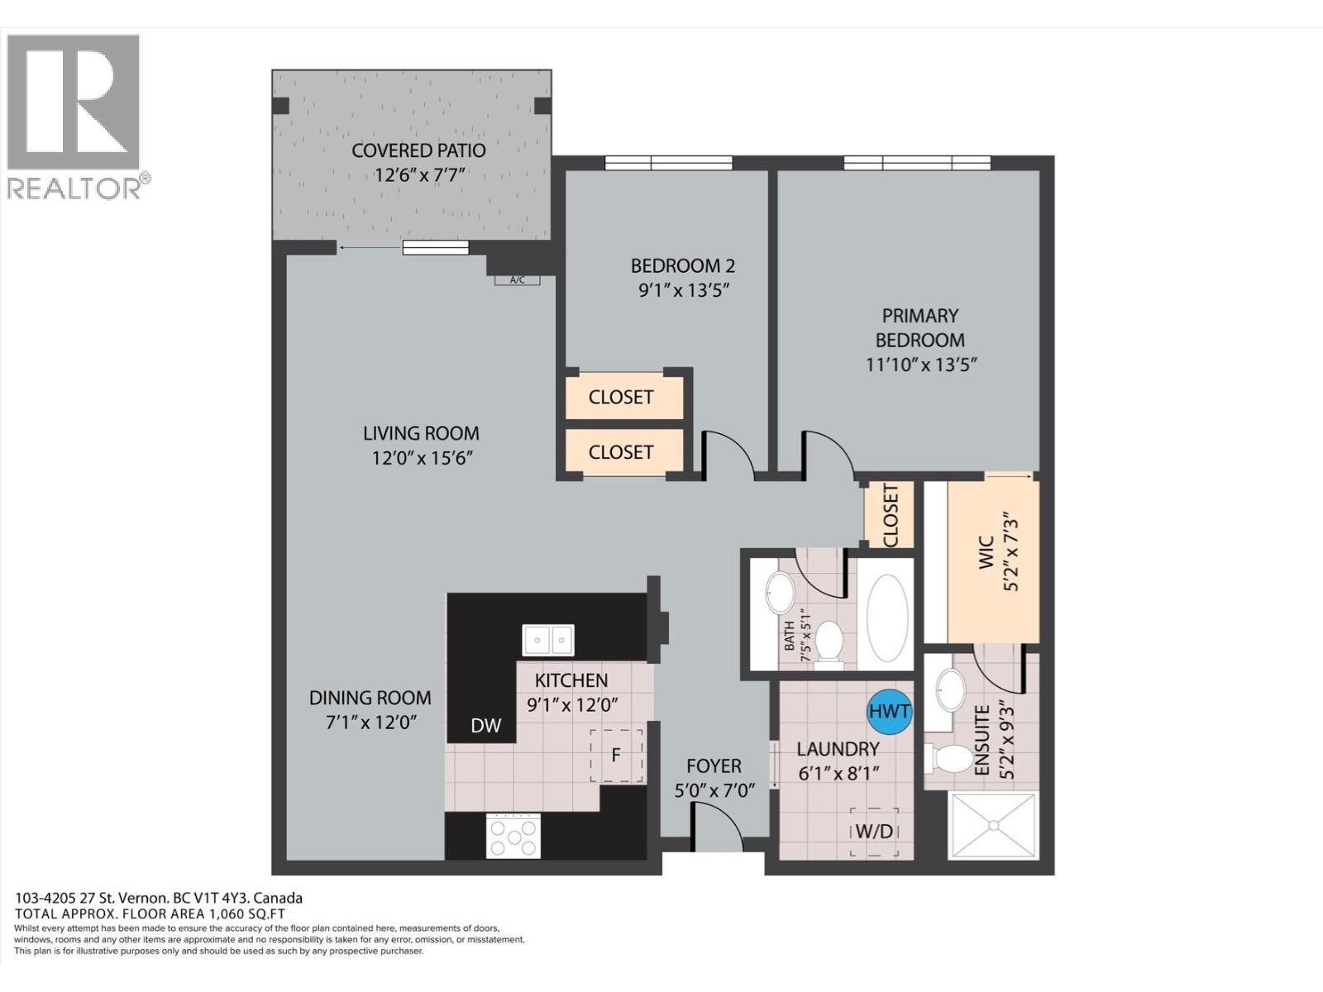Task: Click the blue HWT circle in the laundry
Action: click(x=889, y=711)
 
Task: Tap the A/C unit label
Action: click(x=517, y=280)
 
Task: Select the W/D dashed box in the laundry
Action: click(x=874, y=832)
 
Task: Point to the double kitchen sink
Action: click(x=548, y=640)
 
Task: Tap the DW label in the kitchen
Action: click(x=486, y=726)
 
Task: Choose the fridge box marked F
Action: click(x=616, y=756)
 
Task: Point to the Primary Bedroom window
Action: click(x=916, y=163)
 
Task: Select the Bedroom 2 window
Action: click(x=668, y=163)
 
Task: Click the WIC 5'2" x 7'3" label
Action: click(x=998, y=554)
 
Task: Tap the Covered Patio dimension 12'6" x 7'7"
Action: click(x=420, y=175)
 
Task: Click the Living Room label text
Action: click(x=421, y=433)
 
